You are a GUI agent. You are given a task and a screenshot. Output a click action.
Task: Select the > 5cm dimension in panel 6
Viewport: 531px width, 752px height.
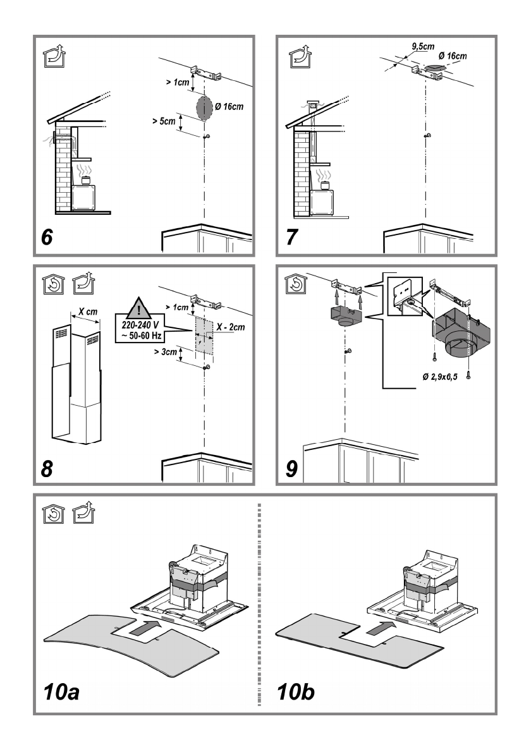tap(164, 118)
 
